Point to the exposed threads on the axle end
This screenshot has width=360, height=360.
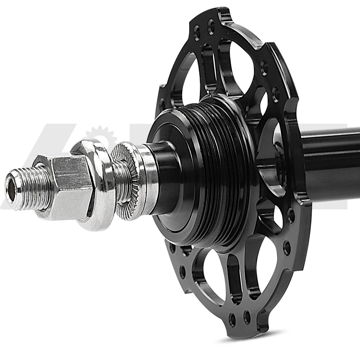point(31,187)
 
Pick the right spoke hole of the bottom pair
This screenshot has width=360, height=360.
point(247,316)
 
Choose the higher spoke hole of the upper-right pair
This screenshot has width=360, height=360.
point(264,66)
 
